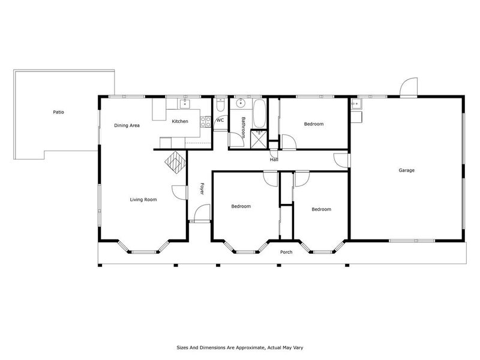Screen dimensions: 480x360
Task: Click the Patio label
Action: click(x=58, y=112)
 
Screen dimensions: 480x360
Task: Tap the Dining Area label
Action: click(x=127, y=125)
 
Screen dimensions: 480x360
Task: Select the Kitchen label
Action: click(x=180, y=121)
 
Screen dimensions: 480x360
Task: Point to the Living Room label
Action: click(x=143, y=200)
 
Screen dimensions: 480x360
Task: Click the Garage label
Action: click(x=407, y=170)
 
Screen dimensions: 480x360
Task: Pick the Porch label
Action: click(x=286, y=252)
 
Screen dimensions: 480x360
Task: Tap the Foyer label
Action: click(x=202, y=188)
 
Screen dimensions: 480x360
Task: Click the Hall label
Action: click(x=274, y=160)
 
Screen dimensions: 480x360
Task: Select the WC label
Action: click(x=220, y=120)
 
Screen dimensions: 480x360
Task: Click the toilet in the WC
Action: click(x=220, y=104)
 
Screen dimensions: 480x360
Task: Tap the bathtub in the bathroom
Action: click(x=259, y=113)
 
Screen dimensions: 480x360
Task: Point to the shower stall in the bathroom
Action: click(x=259, y=139)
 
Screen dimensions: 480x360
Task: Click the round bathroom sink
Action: click(x=241, y=103)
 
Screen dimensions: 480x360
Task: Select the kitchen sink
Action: click(x=185, y=104)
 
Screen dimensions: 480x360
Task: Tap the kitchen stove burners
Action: click(x=205, y=122)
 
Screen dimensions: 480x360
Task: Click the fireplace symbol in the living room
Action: click(x=176, y=163)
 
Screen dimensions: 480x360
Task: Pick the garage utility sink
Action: click(x=356, y=104)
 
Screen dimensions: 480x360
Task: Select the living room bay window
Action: click(x=144, y=247)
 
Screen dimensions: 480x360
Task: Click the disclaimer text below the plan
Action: click(x=240, y=347)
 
